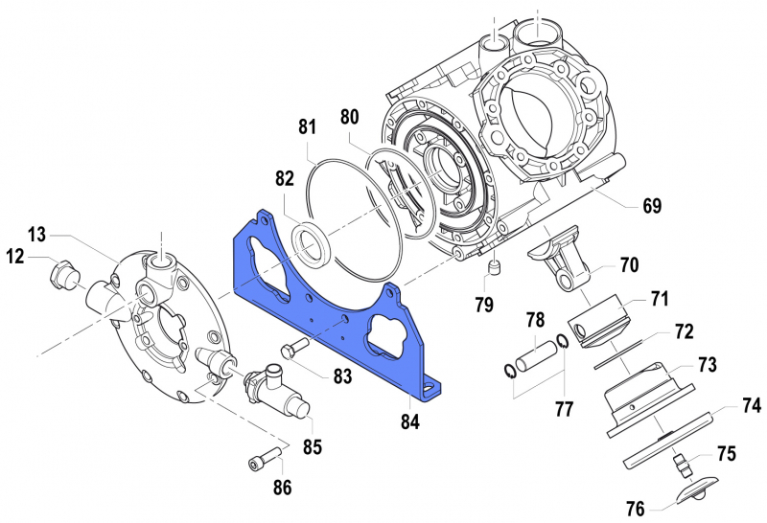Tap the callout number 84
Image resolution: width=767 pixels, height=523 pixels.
tap(410, 421)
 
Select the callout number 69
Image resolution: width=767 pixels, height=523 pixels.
tap(652, 206)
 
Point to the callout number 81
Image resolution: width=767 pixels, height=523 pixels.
tap(307, 127)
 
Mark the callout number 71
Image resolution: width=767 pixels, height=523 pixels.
tap(659, 299)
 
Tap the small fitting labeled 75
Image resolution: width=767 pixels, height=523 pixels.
tap(685, 466)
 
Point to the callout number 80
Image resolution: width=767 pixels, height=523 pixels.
tap(349, 118)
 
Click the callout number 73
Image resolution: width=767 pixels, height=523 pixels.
tap(707, 366)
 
